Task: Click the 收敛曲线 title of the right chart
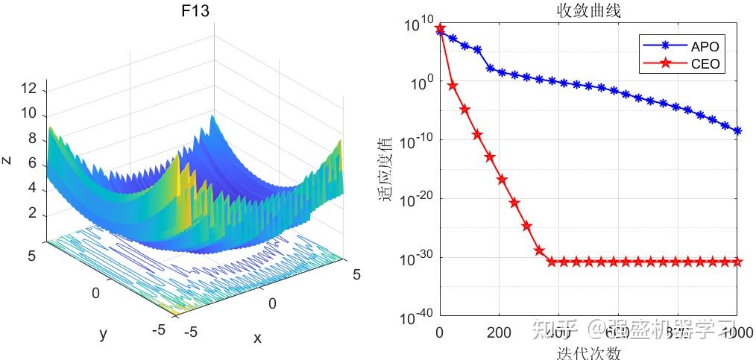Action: click(x=588, y=11)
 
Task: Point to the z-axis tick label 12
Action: click(x=28, y=89)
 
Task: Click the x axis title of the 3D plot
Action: click(x=257, y=338)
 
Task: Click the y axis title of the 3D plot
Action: click(x=103, y=333)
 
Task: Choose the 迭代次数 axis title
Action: click(x=588, y=352)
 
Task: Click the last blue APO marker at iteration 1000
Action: click(x=737, y=131)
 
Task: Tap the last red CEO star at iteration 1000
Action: click(x=737, y=262)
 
